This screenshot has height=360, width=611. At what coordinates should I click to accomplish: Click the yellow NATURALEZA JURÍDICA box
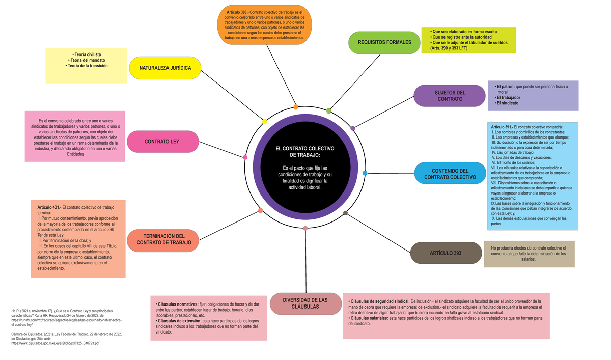[x=165, y=68]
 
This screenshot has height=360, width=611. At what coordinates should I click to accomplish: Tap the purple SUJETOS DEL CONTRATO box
[x=450, y=96]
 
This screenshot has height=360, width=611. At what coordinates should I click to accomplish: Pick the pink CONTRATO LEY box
[x=161, y=141]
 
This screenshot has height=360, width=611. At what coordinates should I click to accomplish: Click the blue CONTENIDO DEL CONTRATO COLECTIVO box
[x=450, y=174]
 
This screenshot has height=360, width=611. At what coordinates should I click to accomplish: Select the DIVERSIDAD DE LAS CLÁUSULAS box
[x=305, y=303]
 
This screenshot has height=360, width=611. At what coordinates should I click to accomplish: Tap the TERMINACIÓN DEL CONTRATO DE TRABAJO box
[x=163, y=240]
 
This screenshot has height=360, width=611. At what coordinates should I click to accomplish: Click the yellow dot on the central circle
[x=264, y=121]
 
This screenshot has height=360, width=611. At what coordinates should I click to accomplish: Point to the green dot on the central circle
[x=328, y=110]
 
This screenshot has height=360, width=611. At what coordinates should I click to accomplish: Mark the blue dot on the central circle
[x=365, y=174]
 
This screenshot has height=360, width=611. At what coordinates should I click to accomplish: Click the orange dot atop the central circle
[x=296, y=107]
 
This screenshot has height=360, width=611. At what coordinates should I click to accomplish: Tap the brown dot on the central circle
[x=346, y=213]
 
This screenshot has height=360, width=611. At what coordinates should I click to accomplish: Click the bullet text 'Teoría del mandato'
[x=87, y=60]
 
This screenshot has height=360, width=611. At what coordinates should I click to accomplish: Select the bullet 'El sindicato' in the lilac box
[x=507, y=103]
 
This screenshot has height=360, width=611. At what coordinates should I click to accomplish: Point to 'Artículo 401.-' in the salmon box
[x=49, y=208]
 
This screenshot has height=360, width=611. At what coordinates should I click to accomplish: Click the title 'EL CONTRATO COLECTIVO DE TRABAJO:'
[x=304, y=151]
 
